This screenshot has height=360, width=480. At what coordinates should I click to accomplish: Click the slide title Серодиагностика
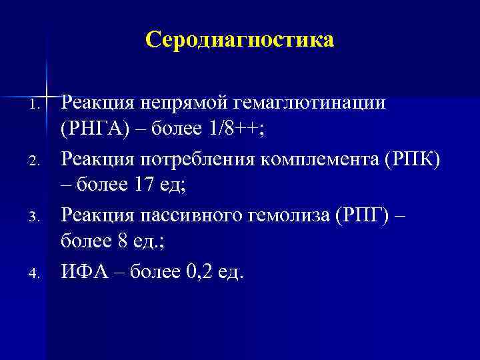[x=239, y=41]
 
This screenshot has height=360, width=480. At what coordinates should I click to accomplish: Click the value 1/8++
[x=225, y=131]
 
